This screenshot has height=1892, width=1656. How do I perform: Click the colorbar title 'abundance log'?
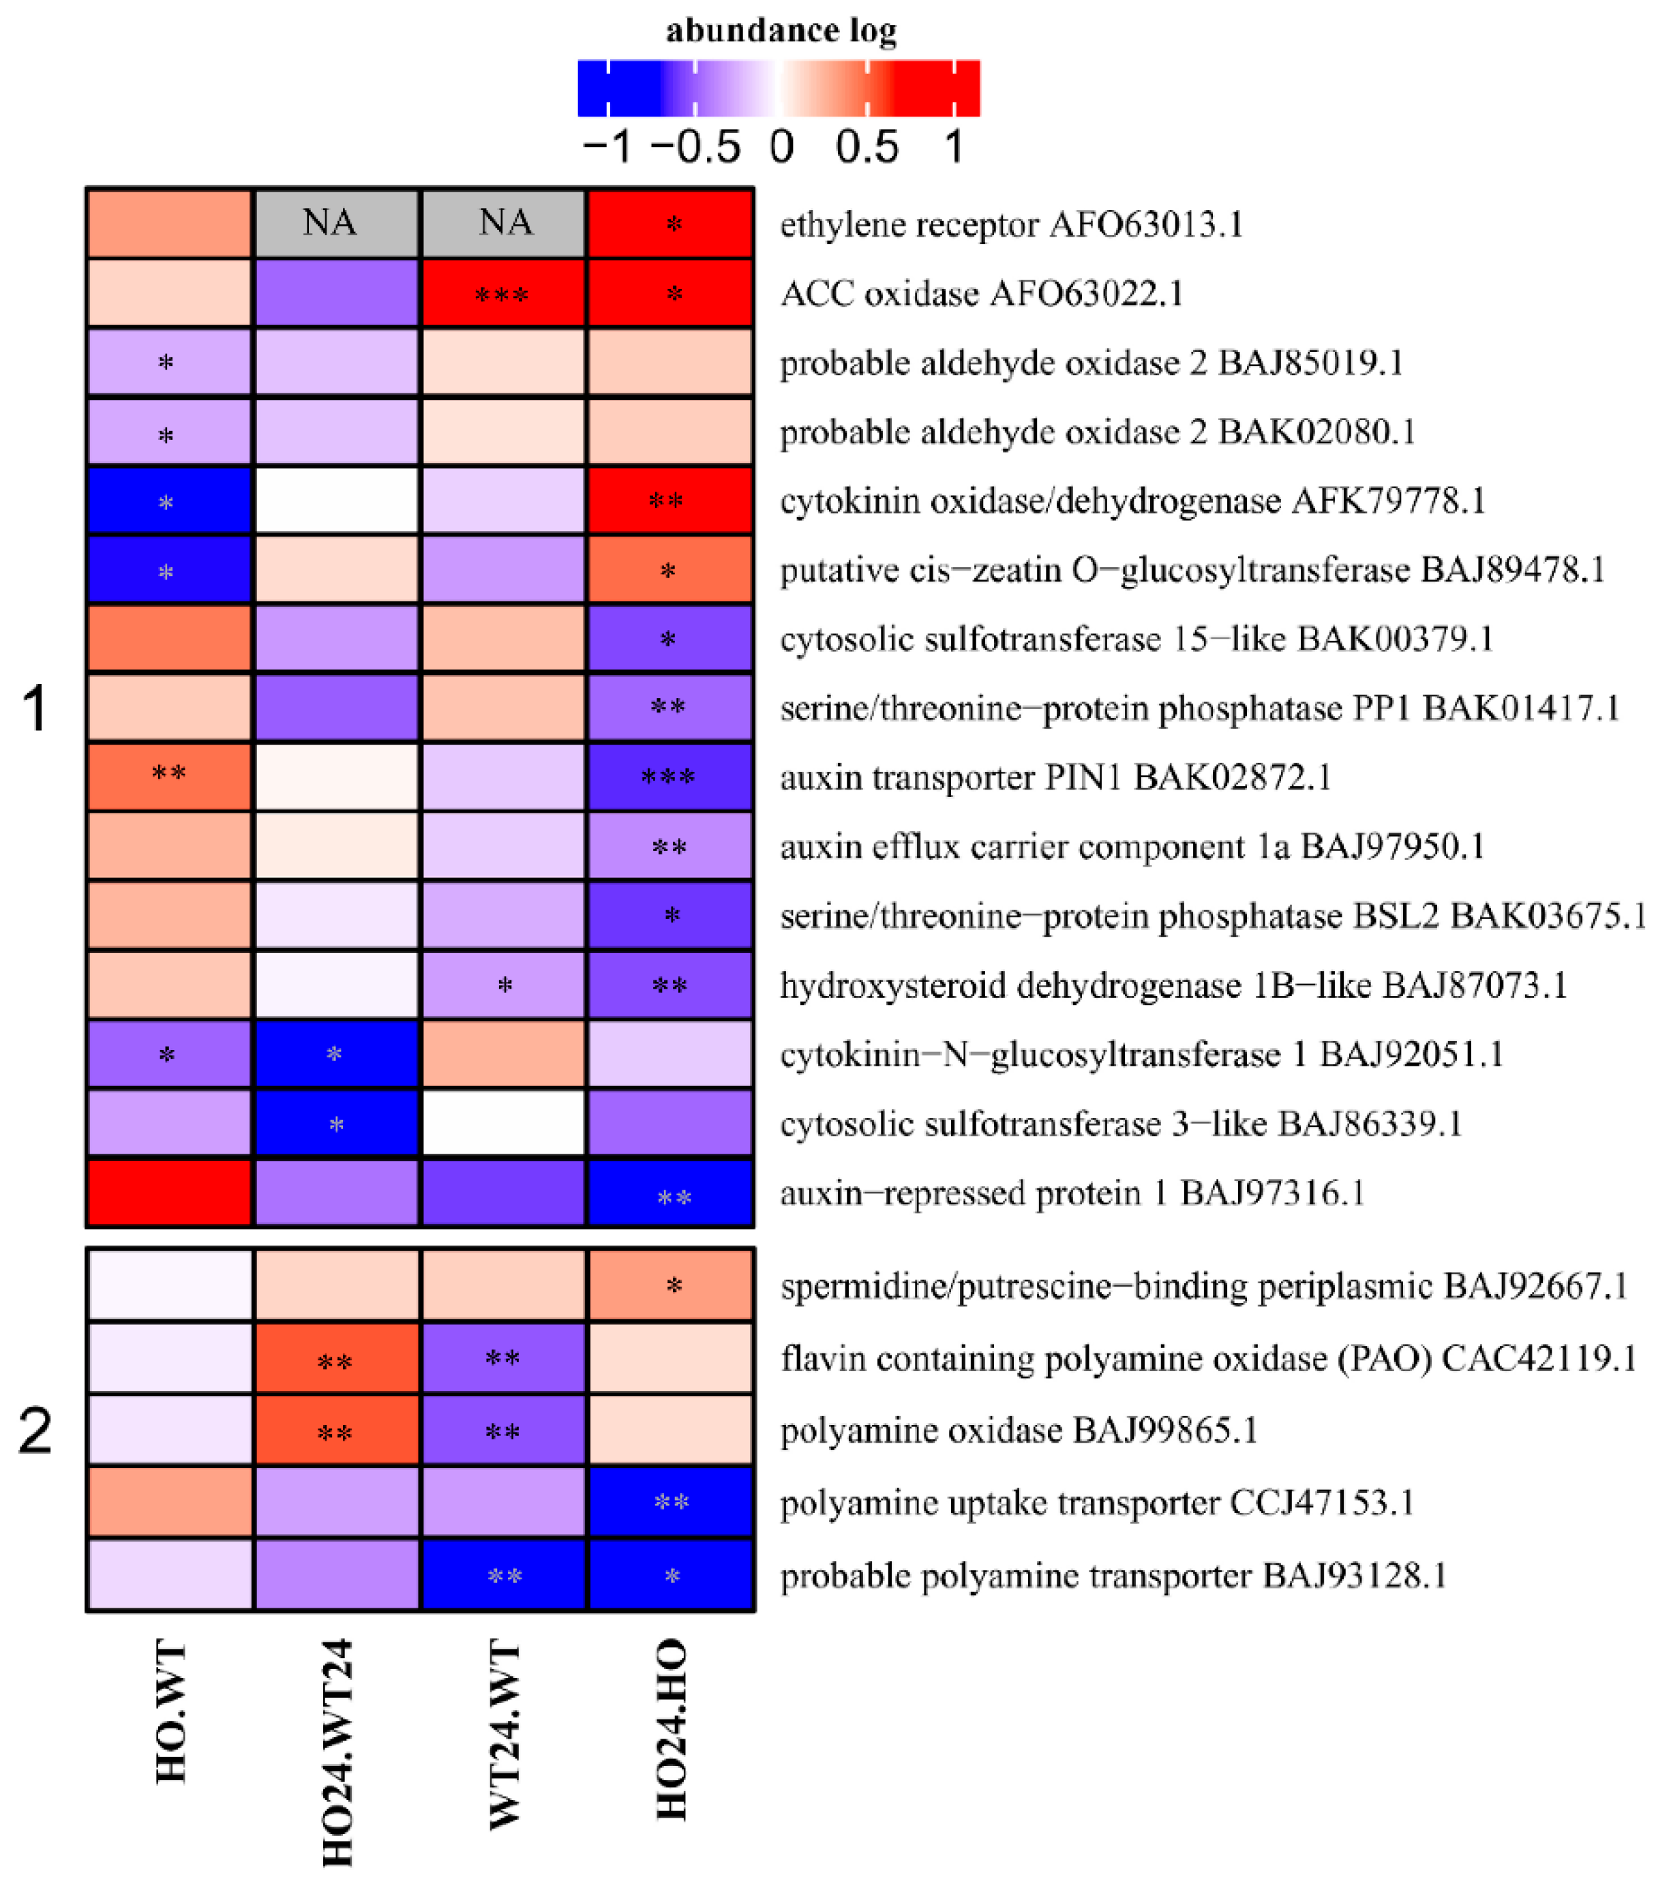(x=781, y=31)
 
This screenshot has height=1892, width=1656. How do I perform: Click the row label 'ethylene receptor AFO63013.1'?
(x=1011, y=224)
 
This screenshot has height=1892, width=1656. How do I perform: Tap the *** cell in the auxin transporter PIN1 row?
(x=670, y=777)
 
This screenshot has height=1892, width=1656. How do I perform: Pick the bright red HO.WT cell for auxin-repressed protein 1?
(x=169, y=1192)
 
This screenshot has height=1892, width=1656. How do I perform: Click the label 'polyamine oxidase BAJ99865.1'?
(x=1019, y=1430)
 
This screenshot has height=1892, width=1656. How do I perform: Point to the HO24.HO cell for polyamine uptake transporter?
(x=670, y=1502)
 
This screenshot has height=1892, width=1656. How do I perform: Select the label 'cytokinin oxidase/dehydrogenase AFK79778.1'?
(x=1132, y=501)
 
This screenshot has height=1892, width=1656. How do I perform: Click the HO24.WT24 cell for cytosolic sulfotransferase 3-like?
(x=336, y=1123)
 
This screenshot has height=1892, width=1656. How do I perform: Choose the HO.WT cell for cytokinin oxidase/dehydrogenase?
(x=169, y=501)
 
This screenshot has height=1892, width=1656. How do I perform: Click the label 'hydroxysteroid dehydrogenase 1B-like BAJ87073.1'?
(x=1173, y=985)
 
